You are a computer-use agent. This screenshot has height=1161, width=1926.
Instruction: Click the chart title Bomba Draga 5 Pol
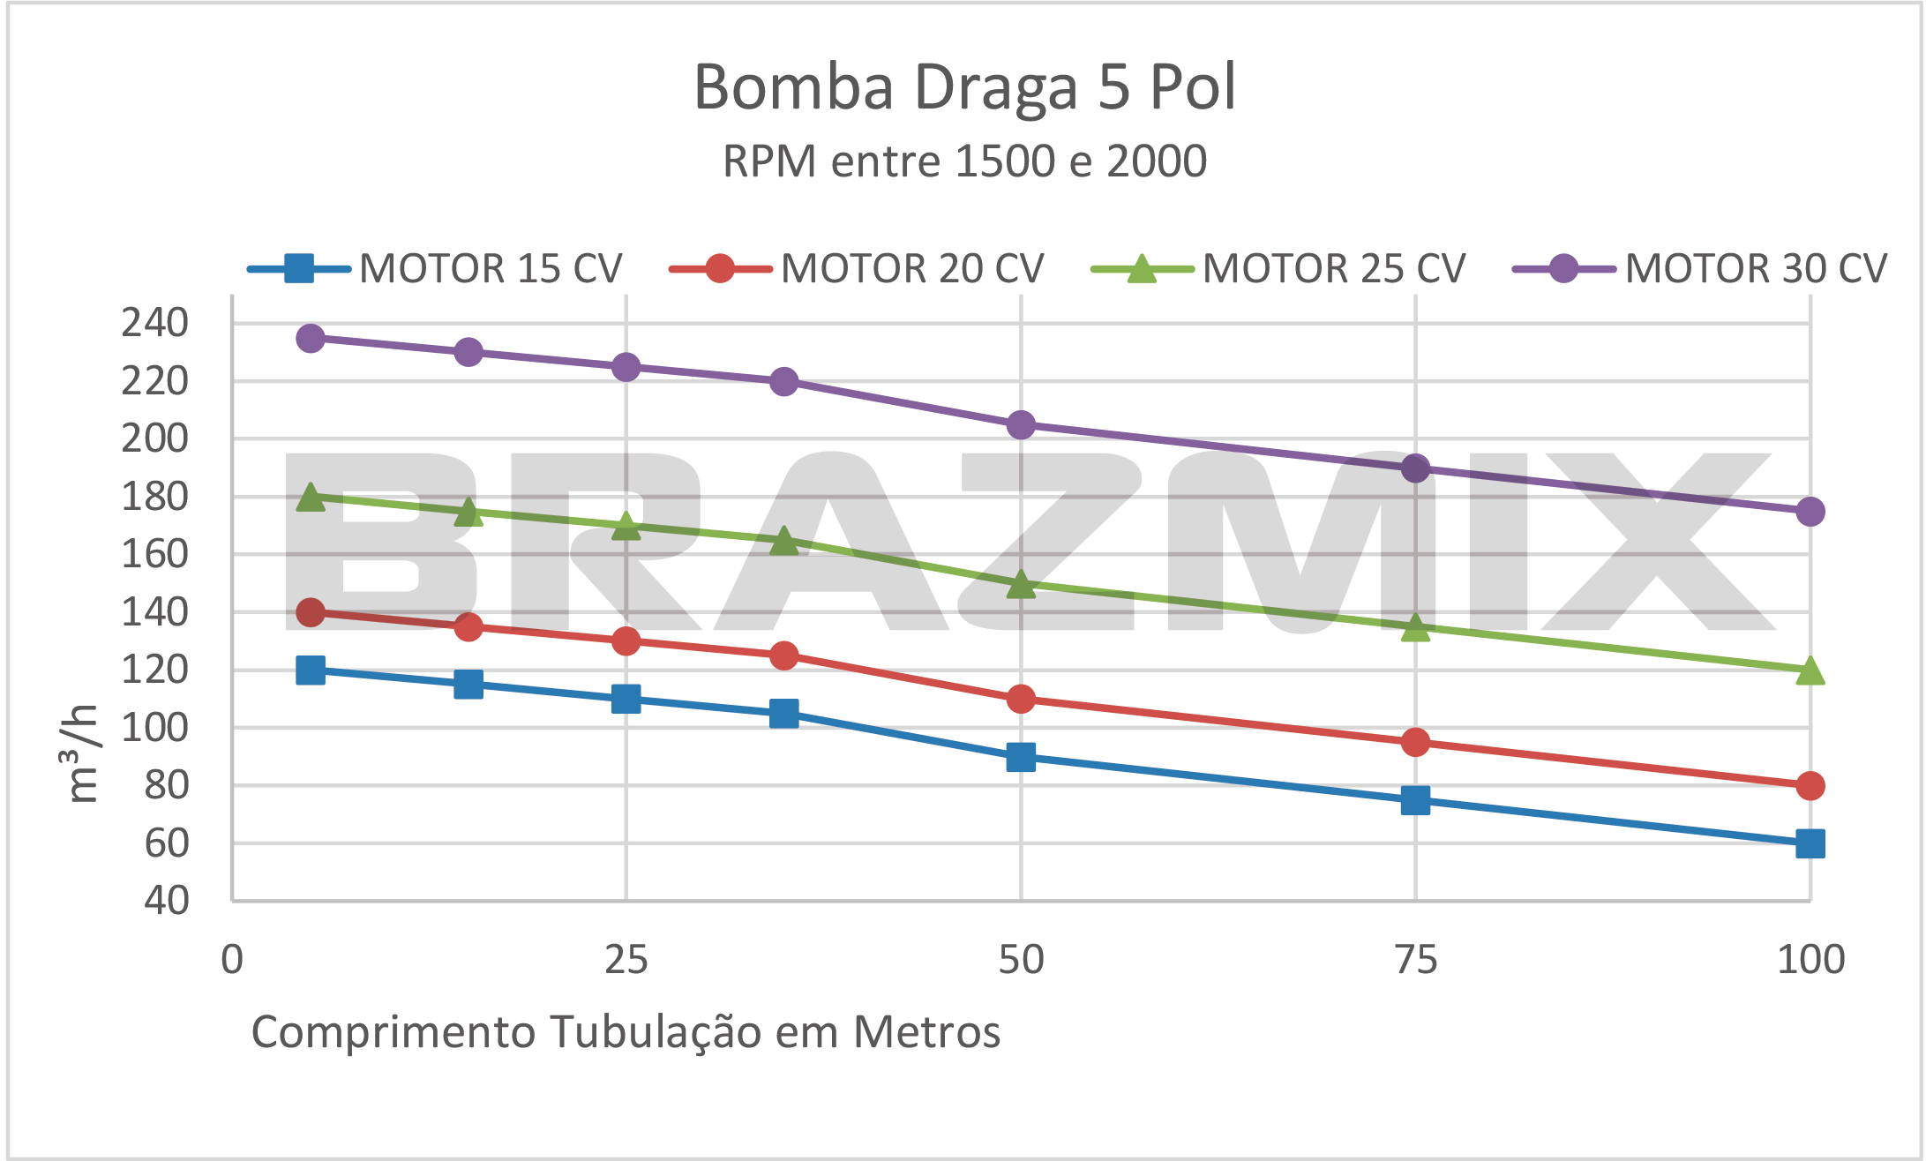964,87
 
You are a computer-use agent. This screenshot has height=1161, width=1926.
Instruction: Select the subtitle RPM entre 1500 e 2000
964,161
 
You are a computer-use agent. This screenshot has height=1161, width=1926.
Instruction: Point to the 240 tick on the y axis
155,323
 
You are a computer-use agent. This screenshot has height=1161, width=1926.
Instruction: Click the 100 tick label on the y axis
155,728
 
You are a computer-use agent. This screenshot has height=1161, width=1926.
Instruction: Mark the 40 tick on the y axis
167,901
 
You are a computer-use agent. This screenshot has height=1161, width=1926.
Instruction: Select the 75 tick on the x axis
1415,960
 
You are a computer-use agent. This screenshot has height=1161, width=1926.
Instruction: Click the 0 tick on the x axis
232,960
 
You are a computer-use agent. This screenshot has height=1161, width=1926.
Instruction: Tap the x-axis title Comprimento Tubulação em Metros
626,1031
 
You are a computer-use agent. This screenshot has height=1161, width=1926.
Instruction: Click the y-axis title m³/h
84,753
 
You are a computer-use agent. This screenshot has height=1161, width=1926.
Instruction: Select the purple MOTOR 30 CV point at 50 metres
1021,424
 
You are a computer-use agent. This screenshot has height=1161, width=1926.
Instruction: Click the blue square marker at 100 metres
1810,843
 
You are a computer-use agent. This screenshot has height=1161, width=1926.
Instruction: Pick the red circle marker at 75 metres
1415,742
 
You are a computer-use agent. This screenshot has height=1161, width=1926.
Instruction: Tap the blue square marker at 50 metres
1021,757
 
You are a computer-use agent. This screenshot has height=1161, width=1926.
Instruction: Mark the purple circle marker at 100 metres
1810,511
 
